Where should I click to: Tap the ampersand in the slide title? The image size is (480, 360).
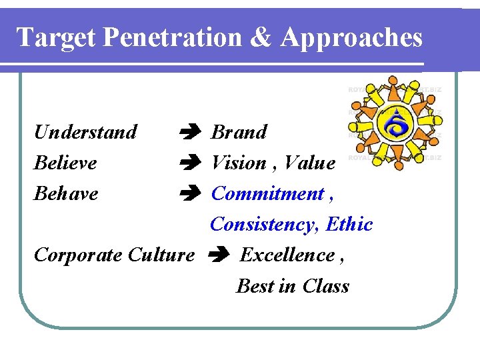262,37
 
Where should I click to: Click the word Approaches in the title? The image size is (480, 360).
351,38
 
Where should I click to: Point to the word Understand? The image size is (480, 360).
85,132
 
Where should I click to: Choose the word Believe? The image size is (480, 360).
65,163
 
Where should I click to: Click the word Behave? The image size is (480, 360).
66,193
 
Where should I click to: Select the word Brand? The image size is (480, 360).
239,132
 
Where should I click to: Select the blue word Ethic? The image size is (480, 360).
349,225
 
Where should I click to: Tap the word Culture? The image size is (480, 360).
161,255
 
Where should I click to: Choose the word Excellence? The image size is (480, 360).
287,255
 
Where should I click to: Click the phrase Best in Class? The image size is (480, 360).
293,286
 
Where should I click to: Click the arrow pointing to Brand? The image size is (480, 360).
189,133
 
